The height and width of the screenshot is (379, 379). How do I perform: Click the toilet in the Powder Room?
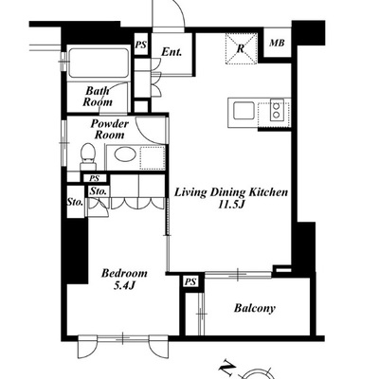[x=87, y=156]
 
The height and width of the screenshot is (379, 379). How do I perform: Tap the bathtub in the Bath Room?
[x=99, y=63]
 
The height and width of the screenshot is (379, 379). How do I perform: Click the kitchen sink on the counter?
[x=244, y=111]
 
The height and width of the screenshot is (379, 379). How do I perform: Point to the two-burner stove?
[x=277, y=111]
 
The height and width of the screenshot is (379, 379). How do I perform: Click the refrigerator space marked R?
[x=241, y=48]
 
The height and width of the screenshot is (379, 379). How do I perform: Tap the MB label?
[x=277, y=43]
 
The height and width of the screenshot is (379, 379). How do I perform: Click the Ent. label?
[x=171, y=52]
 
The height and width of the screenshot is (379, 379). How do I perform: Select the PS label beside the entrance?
[x=141, y=45]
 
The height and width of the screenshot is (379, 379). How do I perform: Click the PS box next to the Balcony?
[x=190, y=281]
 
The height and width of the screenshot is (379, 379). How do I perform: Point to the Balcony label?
[x=255, y=308]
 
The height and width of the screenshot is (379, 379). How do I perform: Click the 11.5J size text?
[x=232, y=205]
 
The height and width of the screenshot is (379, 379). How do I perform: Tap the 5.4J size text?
[x=124, y=286]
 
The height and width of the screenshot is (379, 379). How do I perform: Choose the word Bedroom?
[x=124, y=273]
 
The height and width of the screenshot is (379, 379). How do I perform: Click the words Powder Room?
[x=110, y=129]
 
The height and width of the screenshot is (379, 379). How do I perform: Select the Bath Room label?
[x=98, y=97]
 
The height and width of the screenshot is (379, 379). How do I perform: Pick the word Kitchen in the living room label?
[x=268, y=192]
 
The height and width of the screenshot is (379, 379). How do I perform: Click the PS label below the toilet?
[x=94, y=178]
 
